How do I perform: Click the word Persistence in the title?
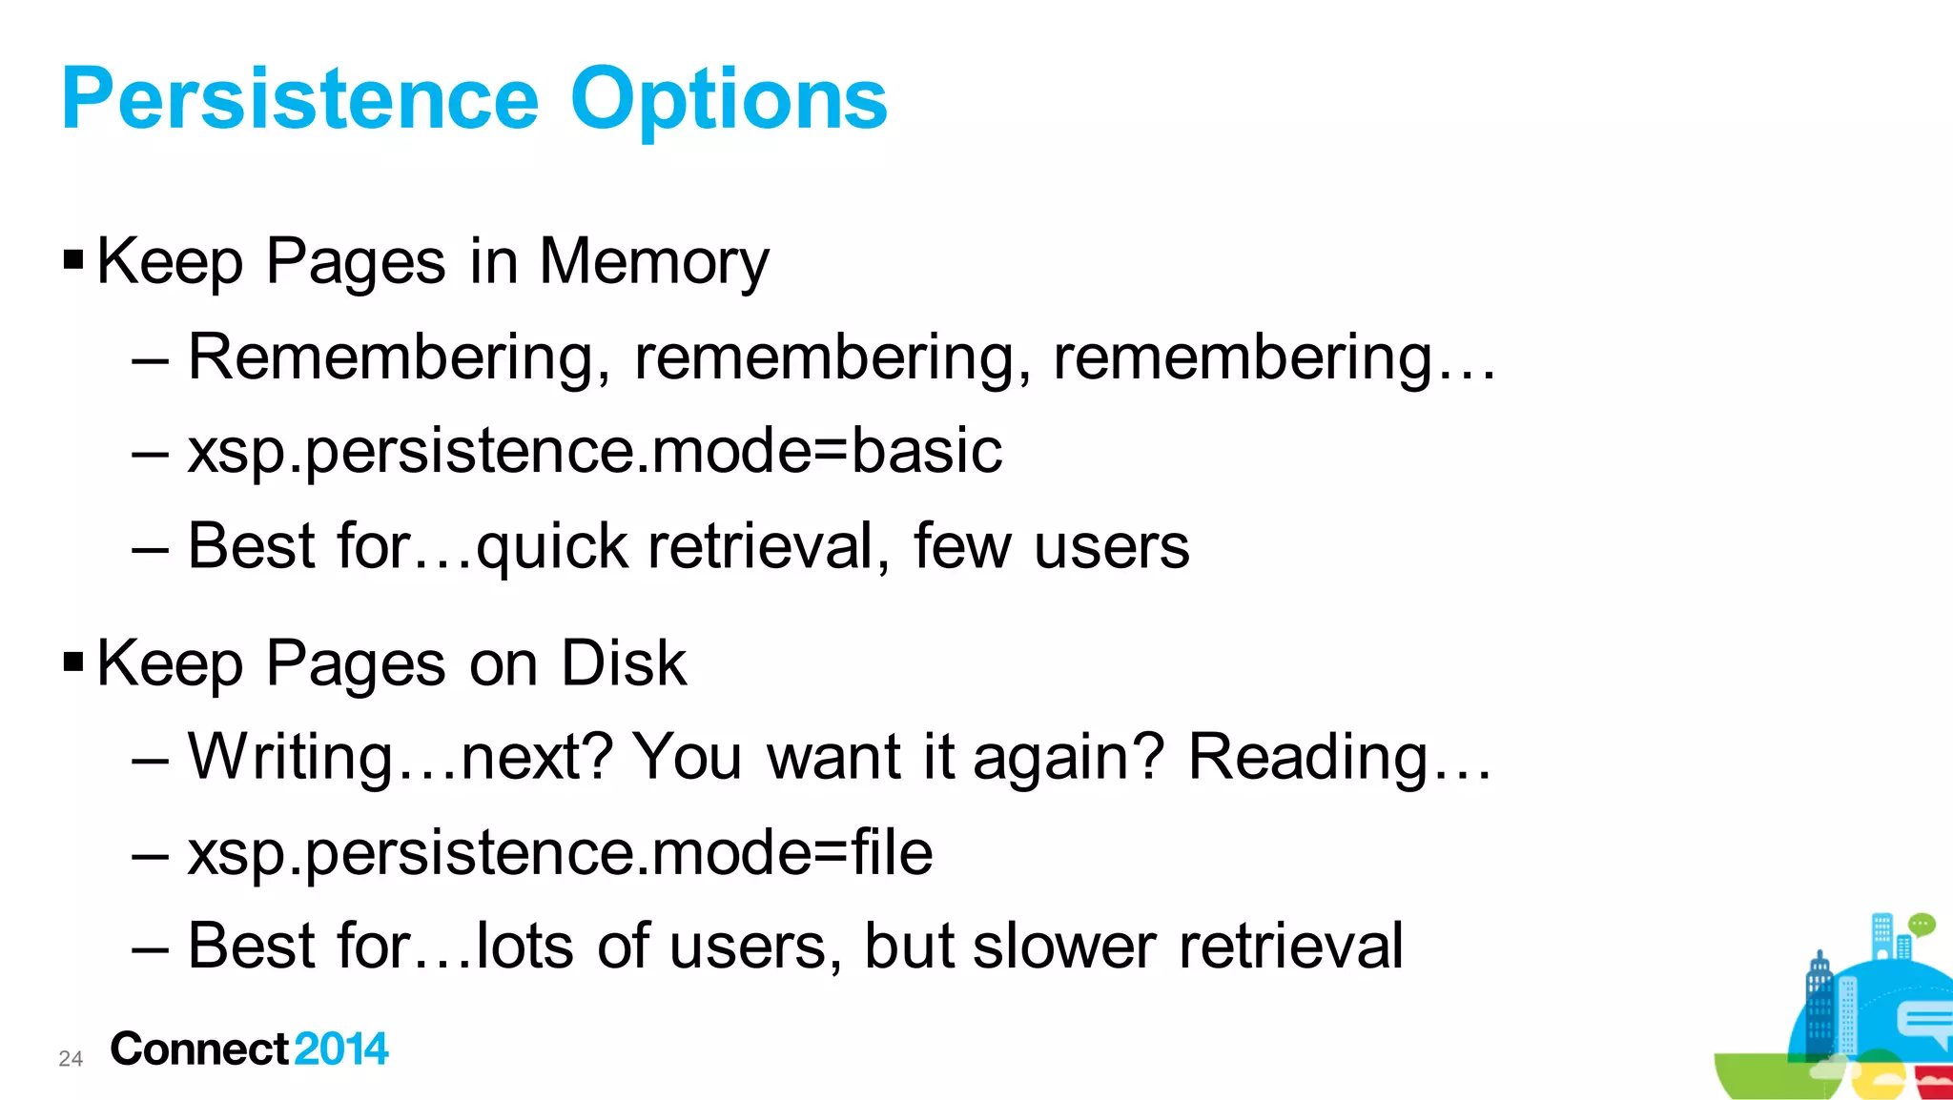click(300, 99)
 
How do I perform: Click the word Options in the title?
click(729, 101)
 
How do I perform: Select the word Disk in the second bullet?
click(624, 662)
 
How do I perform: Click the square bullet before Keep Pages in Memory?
click(73, 258)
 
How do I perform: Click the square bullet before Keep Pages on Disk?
click(73, 661)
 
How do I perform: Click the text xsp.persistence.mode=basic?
click(595, 451)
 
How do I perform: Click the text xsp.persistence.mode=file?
click(560, 852)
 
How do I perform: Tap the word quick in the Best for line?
click(552, 547)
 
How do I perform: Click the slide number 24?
click(71, 1058)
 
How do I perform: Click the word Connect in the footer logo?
click(199, 1049)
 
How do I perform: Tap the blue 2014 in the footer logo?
click(341, 1049)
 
